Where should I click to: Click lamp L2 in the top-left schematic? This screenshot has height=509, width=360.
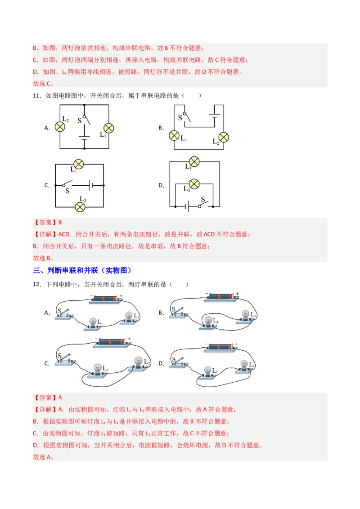pos(60,126)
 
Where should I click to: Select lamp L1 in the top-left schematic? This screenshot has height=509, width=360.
pos(108,128)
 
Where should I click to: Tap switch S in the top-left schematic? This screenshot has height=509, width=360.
pos(85,119)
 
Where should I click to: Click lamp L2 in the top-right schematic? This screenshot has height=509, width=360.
pos(224,137)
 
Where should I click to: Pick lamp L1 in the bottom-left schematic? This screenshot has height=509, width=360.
pos(79,164)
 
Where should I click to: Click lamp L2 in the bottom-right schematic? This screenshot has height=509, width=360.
pos(194,183)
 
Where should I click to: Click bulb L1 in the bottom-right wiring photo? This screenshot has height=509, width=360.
pos(207,371)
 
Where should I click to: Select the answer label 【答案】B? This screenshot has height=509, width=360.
pos(47,222)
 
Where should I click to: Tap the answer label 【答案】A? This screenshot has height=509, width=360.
pos(47,397)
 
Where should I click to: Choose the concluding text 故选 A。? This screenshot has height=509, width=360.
pos(43,457)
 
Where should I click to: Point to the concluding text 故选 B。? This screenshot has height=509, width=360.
pos(43,258)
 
